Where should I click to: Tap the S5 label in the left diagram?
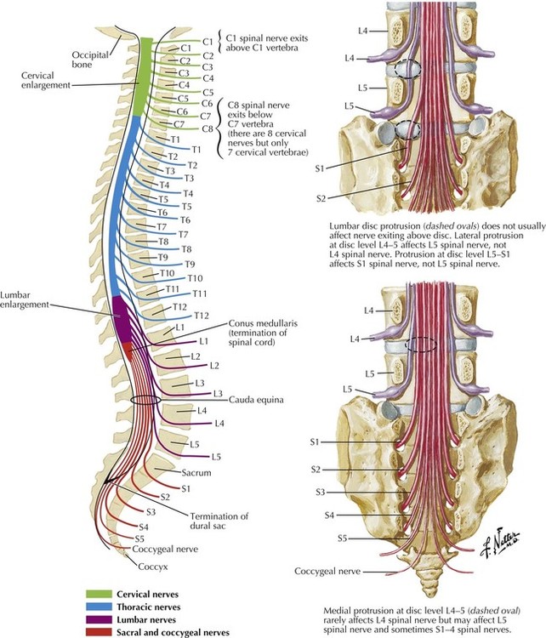click(138, 539)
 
